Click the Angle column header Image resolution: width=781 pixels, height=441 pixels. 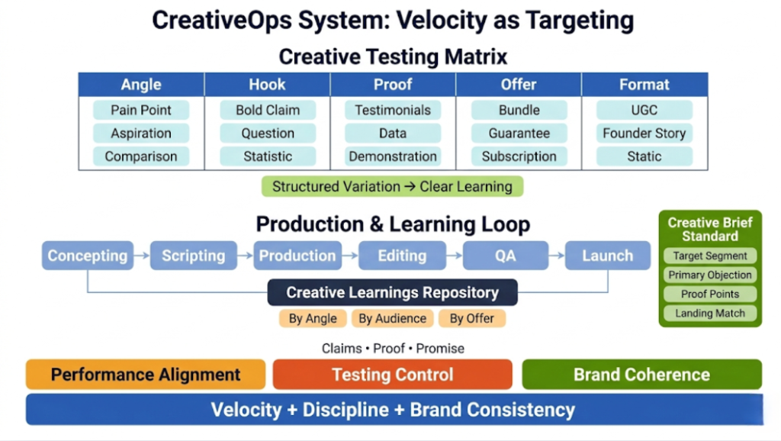tap(141, 85)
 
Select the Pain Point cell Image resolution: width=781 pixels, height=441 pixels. tap(141, 110)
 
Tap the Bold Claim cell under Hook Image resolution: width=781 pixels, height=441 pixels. tap(268, 110)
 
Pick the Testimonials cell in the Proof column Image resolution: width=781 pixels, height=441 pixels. tap(393, 110)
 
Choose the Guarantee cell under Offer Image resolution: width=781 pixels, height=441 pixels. tap(519, 134)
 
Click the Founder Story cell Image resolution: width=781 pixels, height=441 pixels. tap(644, 134)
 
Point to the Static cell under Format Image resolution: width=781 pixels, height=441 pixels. tap(644, 156)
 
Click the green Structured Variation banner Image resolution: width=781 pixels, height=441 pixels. tap(392, 187)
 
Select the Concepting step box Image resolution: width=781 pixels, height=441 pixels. tap(88, 256)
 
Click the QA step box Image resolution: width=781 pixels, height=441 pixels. tap(505, 256)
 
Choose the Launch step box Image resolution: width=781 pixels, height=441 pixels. tap(608, 256)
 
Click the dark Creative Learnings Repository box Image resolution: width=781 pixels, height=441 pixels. tap(392, 292)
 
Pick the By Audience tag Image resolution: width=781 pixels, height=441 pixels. tap(393, 318)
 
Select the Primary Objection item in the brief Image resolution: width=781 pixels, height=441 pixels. tap(710, 275)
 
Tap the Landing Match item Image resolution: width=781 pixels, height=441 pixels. tap(710, 314)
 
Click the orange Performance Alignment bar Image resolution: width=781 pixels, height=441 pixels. tap(146, 375)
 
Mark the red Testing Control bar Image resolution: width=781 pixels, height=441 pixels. tap(392, 375)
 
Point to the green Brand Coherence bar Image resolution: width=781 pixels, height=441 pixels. tap(641, 375)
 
